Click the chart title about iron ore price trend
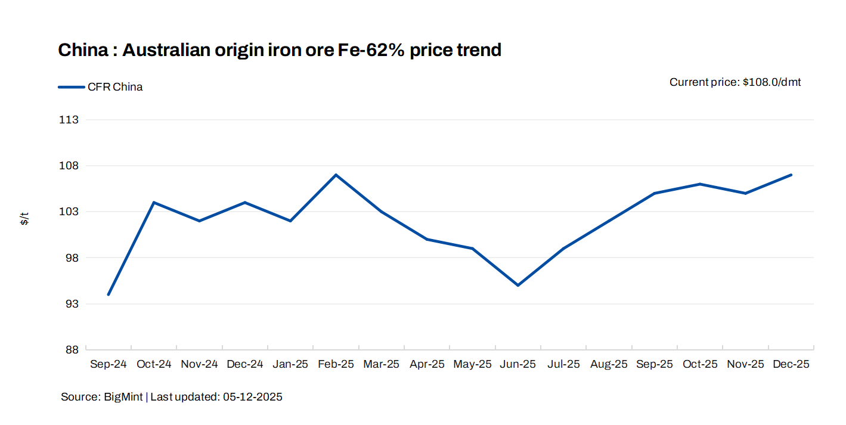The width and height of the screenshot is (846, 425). pyautogui.click(x=279, y=50)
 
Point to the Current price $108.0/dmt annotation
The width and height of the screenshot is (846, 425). pyautogui.click(x=735, y=82)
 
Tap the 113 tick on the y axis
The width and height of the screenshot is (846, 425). pyautogui.click(x=69, y=120)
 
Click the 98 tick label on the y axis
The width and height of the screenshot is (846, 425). pyautogui.click(x=69, y=258)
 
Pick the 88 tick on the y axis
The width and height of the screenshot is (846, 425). pyautogui.click(x=69, y=350)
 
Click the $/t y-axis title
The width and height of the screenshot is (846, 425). pyautogui.click(x=24, y=219)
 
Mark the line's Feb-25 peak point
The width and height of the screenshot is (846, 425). pyautogui.click(x=336, y=175)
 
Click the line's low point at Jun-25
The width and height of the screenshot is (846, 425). pyautogui.click(x=518, y=286)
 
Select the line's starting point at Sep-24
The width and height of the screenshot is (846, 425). pyautogui.click(x=109, y=294)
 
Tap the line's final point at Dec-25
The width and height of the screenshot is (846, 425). pyautogui.click(x=791, y=175)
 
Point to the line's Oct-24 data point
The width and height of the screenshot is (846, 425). pyautogui.click(x=154, y=203)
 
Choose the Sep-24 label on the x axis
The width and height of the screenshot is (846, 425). pyautogui.click(x=109, y=364)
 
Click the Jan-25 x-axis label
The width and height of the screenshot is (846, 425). pyautogui.click(x=290, y=364)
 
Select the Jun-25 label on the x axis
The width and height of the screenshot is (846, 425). pyautogui.click(x=518, y=364)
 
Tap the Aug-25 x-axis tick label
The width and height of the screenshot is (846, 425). pyautogui.click(x=609, y=364)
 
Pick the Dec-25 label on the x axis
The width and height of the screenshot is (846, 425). pyautogui.click(x=791, y=364)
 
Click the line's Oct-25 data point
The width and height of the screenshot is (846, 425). pyautogui.click(x=700, y=184)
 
